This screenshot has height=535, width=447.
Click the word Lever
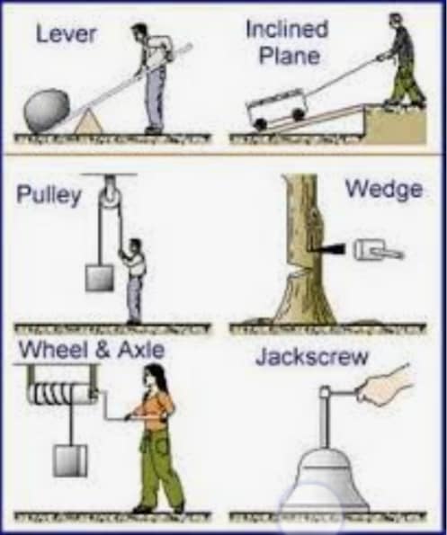[x=67, y=34]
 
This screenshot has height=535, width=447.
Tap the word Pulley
[x=49, y=195]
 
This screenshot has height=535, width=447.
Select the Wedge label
[x=384, y=191]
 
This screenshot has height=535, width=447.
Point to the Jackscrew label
[x=312, y=357]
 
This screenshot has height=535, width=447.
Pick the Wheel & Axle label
[x=92, y=350]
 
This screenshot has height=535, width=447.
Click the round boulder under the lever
[x=47, y=110]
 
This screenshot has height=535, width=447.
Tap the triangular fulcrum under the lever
[x=89, y=122]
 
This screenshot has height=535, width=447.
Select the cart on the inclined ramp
[x=275, y=107]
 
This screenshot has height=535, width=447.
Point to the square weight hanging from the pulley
[x=99, y=278]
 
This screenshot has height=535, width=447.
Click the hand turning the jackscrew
[x=384, y=388]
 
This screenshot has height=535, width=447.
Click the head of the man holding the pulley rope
[x=135, y=246]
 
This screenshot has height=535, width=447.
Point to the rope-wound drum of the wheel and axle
[x=61, y=394]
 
